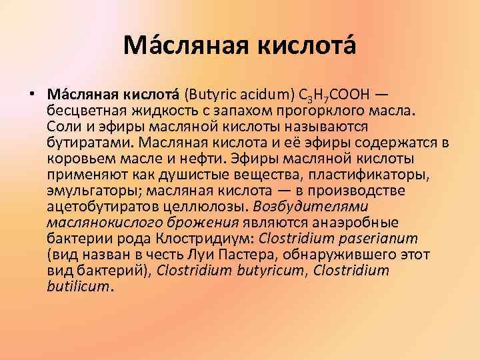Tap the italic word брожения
[x=209, y=222]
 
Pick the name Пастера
[x=240, y=254]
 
